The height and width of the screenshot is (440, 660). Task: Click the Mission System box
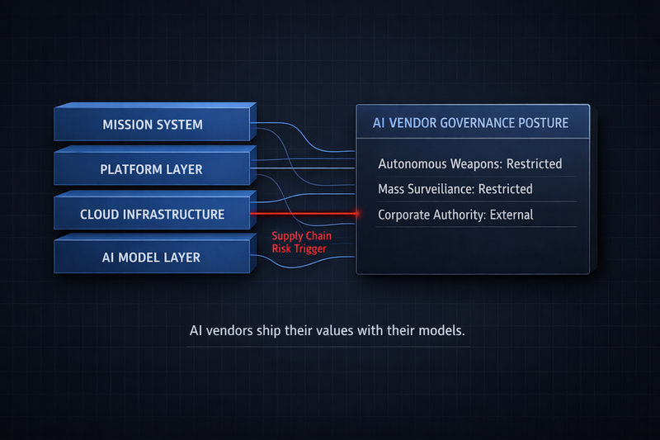coord(152,125)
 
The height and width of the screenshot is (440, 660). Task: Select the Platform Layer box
coord(152,169)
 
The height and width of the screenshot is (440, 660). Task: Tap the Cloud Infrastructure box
coord(152,214)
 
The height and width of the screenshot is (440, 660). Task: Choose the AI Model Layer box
coord(152,258)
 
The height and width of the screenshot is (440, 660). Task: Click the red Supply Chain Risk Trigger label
coord(301,242)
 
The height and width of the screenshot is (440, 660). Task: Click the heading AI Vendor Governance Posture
coord(471,124)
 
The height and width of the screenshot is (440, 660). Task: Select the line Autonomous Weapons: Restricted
coord(469,163)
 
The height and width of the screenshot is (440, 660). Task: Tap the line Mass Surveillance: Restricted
coord(455,189)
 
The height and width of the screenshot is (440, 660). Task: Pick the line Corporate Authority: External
coord(455,215)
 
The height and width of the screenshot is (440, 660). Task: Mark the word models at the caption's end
coord(442,331)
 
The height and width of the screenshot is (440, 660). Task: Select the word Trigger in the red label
coord(313,248)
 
